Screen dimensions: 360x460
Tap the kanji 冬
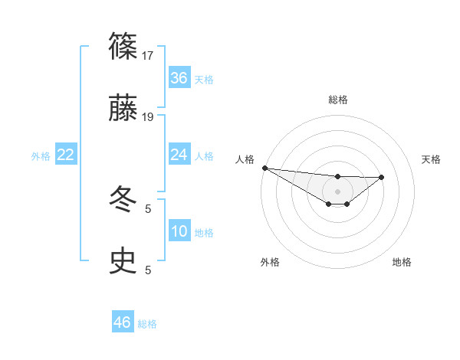point(124,201)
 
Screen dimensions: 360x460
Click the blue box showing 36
point(179,78)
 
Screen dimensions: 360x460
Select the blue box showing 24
point(179,155)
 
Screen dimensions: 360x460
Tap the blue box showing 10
point(179,231)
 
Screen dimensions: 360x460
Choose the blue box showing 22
point(66,155)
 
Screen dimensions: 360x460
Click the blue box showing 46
point(123,322)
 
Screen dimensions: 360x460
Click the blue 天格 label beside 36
point(204,79)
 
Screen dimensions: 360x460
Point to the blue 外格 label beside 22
point(41,155)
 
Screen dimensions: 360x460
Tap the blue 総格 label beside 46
point(147,323)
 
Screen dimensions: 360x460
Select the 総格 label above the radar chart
point(338,100)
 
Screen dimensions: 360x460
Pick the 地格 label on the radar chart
point(402,262)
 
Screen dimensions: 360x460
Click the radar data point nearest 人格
point(264,168)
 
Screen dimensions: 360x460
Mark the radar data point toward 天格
point(382,177)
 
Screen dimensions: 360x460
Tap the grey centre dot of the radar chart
point(338,191)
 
